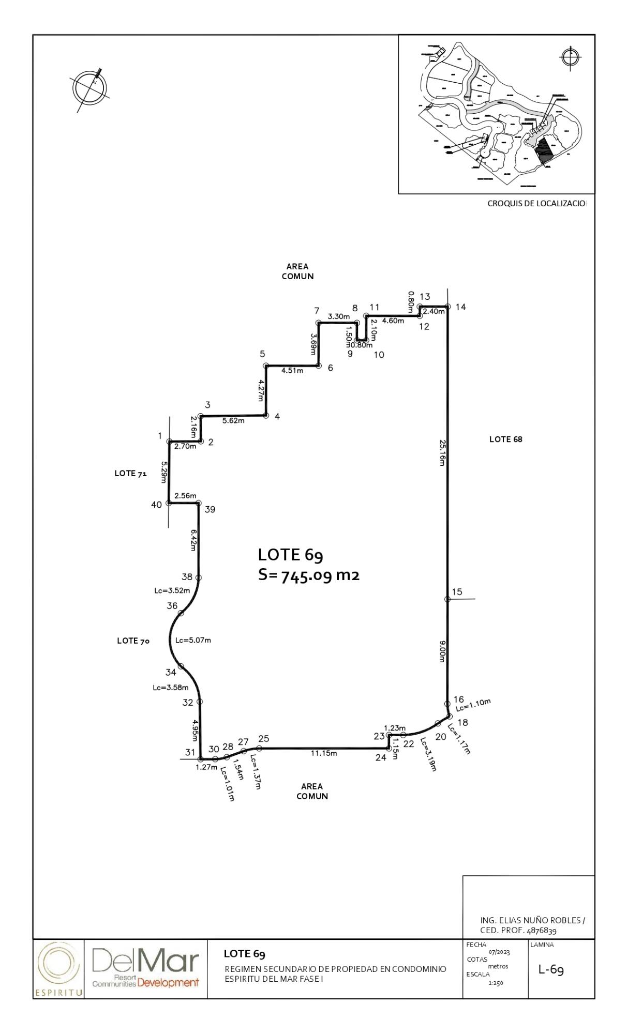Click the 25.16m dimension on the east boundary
pos(442,452)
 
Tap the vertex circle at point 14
pos(448,307)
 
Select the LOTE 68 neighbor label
pos(505,439)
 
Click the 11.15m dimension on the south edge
pos(324,753)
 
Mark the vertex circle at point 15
pos(447,599)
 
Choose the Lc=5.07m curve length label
pos(193,640)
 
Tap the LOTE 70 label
pos(133,641)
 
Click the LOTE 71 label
pos(130,474)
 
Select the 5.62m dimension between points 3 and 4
pos(233,421)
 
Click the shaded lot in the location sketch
pos(543,149)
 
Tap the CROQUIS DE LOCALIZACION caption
pos(536,204)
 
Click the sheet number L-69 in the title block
pos(551,969)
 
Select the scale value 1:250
pos(495,983)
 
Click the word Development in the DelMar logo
pos(168,982)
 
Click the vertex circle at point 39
pos(198,503)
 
